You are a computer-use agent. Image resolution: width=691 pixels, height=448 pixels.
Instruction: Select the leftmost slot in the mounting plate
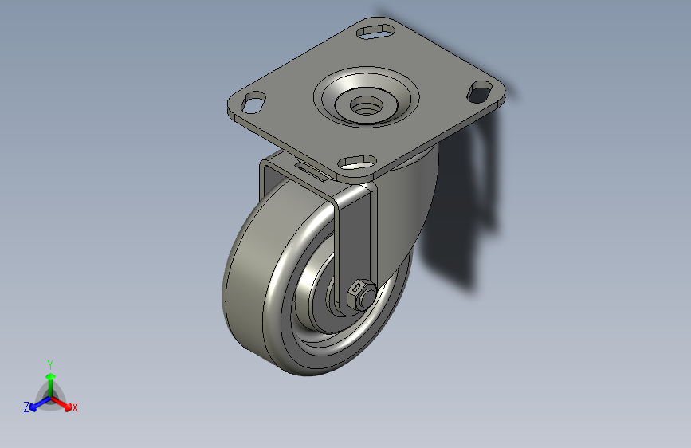(x=253, y=102)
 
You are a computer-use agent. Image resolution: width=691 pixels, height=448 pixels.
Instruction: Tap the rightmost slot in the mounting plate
(x=480, y=92)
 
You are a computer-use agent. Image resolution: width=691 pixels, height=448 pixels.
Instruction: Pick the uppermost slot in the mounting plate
(x=375, y=32)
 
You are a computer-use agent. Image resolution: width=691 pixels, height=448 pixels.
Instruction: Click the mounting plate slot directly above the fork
(x=357, y=163)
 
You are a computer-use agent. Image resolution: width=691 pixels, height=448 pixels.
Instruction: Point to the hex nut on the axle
(x=355, y=293)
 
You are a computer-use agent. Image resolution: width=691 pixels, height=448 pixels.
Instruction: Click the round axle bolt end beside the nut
(x=367, y=296)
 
